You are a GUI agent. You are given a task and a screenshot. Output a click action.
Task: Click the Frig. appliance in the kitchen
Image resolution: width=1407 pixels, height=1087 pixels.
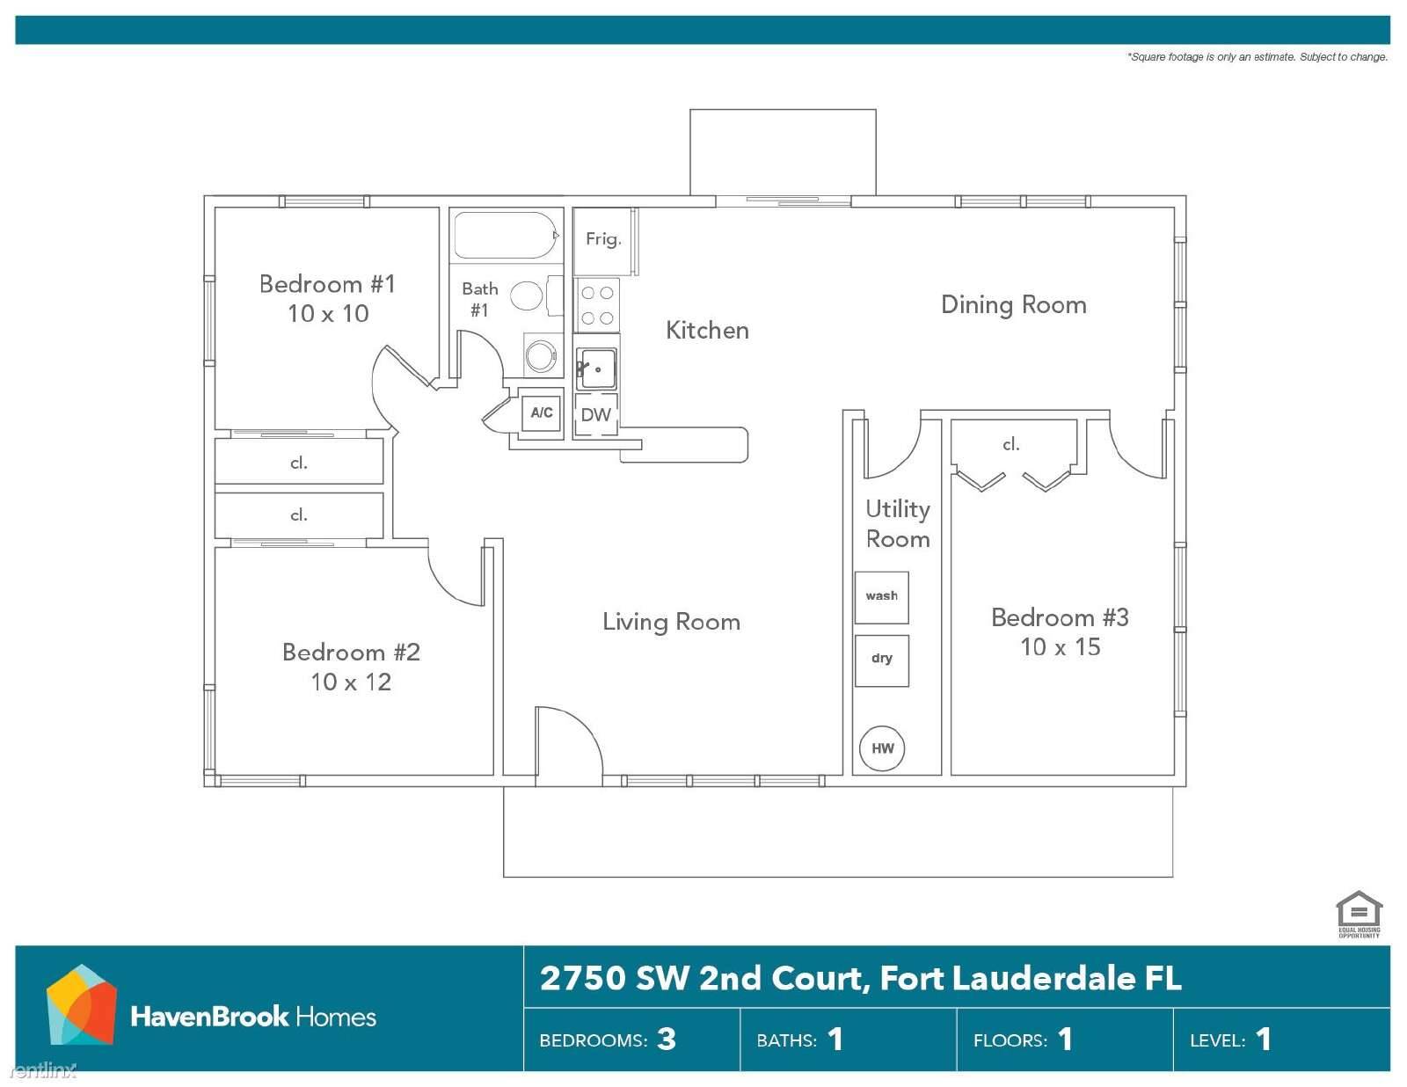pos(603,240)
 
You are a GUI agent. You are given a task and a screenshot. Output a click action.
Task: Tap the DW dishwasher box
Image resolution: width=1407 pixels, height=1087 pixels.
pos(595,415)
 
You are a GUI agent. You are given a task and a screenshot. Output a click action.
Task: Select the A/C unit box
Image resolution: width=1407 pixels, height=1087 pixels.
pos(542,412)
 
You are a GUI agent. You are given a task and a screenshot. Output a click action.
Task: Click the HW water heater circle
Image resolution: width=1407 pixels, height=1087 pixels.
pos(882,748)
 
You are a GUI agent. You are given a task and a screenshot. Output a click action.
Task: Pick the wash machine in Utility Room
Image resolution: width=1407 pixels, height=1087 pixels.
pos(881,597)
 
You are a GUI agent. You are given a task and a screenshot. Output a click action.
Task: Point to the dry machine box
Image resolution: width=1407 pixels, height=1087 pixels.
pos(881,660)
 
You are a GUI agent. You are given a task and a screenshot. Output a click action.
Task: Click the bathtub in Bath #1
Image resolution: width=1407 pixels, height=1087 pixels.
pos(505,235)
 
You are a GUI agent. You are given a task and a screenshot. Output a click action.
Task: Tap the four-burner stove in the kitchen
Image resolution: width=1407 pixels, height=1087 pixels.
pos(597,304)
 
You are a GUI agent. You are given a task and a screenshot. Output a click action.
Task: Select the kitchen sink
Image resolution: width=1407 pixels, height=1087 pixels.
pos(596,368)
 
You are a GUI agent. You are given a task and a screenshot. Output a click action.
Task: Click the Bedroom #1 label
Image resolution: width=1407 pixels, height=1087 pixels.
pos(327,284)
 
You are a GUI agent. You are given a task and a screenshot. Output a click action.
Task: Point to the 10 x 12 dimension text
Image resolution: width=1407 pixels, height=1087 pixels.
pos(350,682)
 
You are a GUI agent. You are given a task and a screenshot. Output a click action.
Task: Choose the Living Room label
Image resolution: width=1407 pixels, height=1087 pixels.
pos(671,622)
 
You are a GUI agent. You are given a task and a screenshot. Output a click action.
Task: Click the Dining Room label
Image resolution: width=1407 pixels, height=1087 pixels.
pos(1013,305)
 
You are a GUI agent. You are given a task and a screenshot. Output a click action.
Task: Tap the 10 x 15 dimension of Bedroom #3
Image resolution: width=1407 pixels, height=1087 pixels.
pos(1060,647)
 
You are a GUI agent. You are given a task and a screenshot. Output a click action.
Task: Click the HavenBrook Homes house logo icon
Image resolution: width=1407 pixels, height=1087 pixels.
pos(81,1005)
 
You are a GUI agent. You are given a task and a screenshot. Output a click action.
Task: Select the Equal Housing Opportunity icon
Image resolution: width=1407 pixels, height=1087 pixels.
pos(1359,913)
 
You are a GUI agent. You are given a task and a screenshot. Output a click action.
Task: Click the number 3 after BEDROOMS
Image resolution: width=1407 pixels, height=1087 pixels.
pos(667,1040)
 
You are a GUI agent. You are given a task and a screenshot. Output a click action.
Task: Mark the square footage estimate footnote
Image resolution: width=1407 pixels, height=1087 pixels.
pos(1257,57)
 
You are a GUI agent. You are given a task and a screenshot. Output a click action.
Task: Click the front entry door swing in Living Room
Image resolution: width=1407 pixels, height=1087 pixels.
pos(567,743)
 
